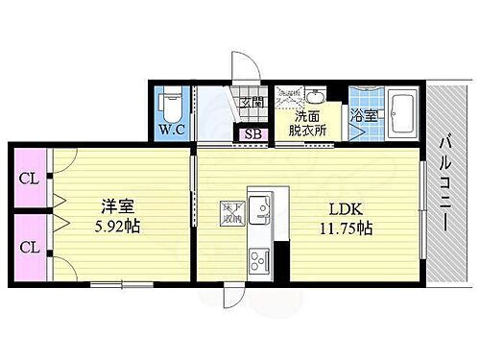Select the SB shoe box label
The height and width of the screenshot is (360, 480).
253,133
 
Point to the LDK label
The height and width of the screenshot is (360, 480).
347,208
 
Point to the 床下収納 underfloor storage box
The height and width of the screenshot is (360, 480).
232,213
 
